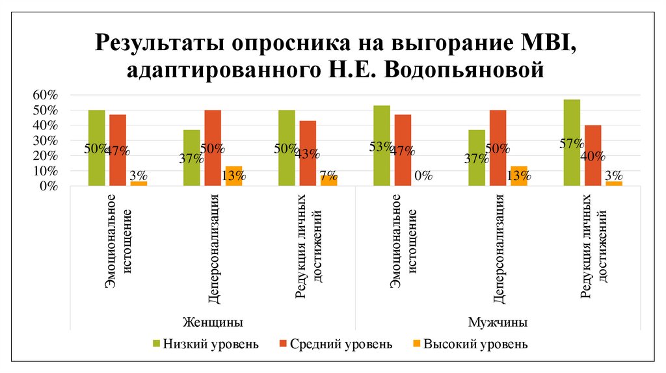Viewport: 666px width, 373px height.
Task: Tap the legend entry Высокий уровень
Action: [x=475, y=344]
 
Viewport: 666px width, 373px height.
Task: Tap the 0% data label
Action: [x=423, y=175]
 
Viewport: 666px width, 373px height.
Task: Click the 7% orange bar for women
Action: [x=328, y=181]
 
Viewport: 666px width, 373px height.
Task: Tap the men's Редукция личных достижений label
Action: [x=594, y=253]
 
